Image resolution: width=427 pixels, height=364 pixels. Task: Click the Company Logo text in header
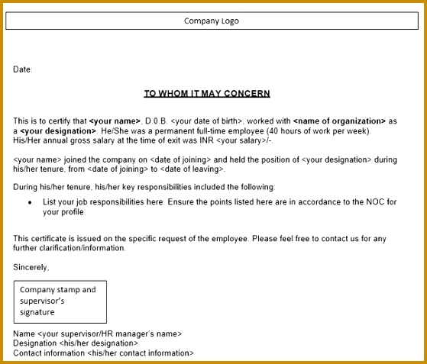coord(212,21)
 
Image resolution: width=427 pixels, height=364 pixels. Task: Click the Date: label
coord(23,69)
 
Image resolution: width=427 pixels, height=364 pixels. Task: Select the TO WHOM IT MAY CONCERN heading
coord(207,94)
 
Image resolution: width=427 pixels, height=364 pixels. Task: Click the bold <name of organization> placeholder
coord(339,121)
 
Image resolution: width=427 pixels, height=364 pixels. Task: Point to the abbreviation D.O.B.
coord(156,121)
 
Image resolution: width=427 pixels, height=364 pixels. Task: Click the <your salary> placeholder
coord(239,140)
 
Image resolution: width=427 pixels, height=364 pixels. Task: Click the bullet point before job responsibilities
coord(30,202)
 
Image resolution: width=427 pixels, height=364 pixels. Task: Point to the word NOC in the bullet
coord(374,201)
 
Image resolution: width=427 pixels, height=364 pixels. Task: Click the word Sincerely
coord(31,267)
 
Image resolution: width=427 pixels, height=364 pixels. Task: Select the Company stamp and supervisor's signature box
coord(60,301)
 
